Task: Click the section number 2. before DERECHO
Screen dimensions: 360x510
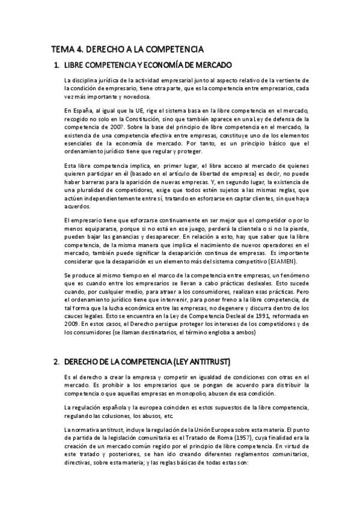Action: (56, 361)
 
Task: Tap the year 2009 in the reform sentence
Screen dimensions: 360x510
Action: (72, 324)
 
